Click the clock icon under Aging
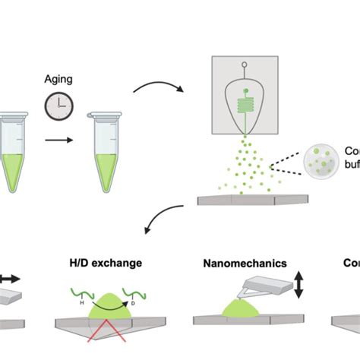point(59,107)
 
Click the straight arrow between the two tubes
point(59,140)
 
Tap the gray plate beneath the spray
point(253,200)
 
